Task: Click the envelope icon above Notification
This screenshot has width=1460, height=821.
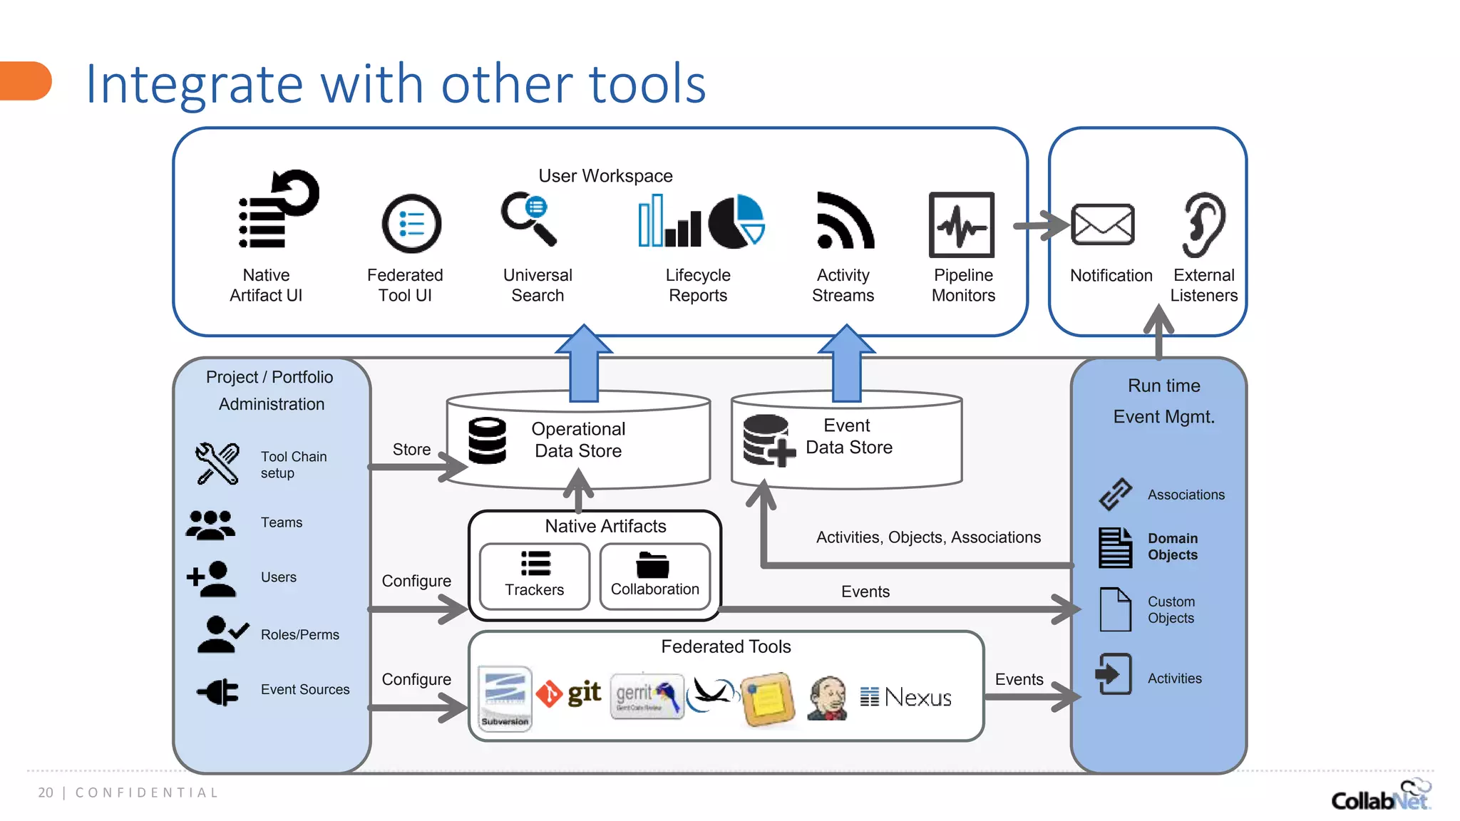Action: tap(1102, 224)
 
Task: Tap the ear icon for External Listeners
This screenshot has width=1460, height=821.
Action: tap(1203, 224)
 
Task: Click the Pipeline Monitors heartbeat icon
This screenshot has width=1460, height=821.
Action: tap(961, 224)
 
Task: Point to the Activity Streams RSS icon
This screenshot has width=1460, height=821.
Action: tap(844, 221)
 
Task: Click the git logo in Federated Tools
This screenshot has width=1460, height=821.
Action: tap(570, 693)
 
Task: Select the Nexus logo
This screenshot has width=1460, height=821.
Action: tap(906, 697)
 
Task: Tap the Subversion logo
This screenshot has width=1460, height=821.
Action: tap(505, 697)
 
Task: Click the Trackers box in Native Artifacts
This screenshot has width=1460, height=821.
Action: tap(534, 577)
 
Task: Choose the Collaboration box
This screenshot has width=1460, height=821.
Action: tap(654, 577)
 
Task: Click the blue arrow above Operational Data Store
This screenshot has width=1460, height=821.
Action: tap(584, 363)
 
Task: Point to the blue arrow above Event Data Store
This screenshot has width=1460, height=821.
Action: tap(846, 363)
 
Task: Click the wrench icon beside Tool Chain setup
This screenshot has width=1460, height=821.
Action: tap(217, 464)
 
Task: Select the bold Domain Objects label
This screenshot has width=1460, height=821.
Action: tap(1173, 547)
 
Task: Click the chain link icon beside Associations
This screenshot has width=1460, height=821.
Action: tap(1115, 494)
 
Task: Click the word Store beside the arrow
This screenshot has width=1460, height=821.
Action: tap(411, 450)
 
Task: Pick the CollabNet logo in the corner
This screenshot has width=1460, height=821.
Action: tap(1380, 796)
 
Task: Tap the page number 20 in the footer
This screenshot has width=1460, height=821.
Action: tap(46, 792)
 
